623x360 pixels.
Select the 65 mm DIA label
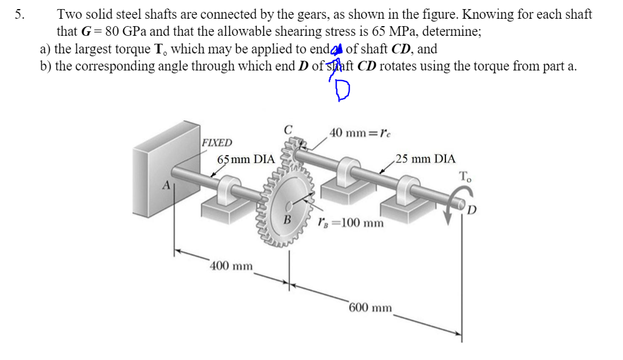click(x=246, y=159)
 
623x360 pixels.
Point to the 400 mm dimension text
click(x=231, y=266)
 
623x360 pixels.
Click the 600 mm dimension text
click(x=370, y=308)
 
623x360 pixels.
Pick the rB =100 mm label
click(x=351, y=222)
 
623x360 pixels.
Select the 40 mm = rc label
click(x=360, y=133)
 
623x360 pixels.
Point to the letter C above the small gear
click(x=288, y=129)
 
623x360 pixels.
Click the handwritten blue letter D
click(x=342, y=89)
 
